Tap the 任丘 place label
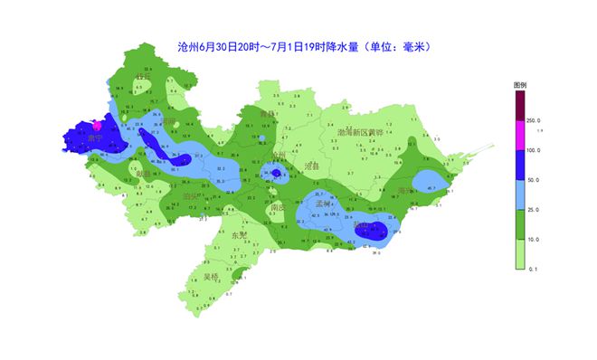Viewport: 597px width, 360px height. (142, 77)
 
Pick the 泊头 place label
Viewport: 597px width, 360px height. (190, 195)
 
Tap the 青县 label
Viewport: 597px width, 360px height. (266, 114)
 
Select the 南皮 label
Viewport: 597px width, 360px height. (278, 207)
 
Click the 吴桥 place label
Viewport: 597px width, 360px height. (211, 277)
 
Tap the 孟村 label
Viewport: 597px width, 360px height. (325, 204)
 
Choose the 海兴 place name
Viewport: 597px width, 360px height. (405, 191)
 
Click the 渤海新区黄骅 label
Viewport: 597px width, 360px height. (361, 133)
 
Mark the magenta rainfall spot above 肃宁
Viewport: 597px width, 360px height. (97, 128)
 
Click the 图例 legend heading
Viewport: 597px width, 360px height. (520, 84)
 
